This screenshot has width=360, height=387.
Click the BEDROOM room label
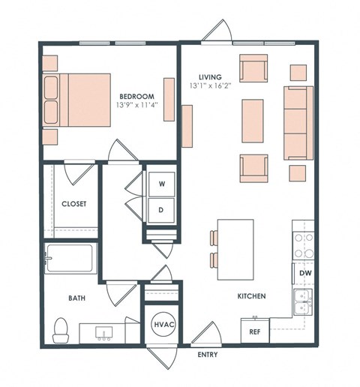point(137,96)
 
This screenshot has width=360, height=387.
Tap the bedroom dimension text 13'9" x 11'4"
point(137,106)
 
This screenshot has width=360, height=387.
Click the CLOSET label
point(73,203)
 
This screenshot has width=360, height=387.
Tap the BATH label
point(76,298)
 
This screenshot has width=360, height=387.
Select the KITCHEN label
point(251,297)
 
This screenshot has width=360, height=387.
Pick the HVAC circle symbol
point(163,324)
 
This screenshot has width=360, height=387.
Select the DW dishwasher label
point(305,274)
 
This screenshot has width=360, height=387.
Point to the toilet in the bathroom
point(61,328)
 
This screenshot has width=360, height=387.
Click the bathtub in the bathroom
point(69,259)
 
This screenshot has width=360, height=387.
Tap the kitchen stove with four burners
point(303,245)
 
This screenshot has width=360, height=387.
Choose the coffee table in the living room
point(253,121)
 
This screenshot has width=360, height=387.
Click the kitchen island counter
point(235,246)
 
